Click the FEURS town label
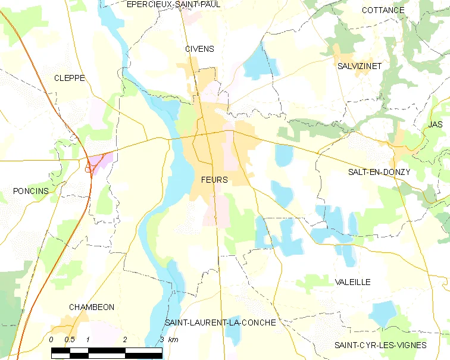tap(214, 180)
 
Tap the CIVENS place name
tap(199, 49)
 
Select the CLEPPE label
tap(69, 78)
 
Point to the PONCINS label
tap(30, 190)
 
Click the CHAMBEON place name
tap(91, 307)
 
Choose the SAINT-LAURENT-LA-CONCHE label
tap(220, 323)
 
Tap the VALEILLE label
tap(352, 281)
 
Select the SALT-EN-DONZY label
tap(379, 172)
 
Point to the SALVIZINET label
tap(359, 65)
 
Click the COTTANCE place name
tap(383, 10)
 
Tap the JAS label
tap(435, 124)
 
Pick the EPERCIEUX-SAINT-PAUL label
tap(165, 4)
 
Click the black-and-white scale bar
tap(107, 352)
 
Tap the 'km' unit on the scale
tap(173, 340)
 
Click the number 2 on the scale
tap(125, 340)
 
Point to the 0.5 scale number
tap(70, 340)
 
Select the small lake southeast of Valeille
tap(383, 314)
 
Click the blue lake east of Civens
tap(258, 63)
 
